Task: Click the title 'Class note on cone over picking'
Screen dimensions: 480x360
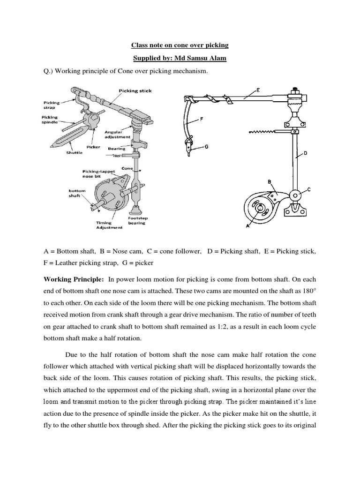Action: pos(180,45)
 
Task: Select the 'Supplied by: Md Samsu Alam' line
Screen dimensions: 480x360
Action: pos(180,58)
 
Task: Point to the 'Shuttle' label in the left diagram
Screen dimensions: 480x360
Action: pos(74,152)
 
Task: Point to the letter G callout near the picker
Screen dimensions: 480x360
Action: pos(206,147)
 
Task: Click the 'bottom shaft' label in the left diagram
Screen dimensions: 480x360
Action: pos(76,194)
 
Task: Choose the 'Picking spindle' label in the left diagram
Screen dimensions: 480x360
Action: pos(50,120)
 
